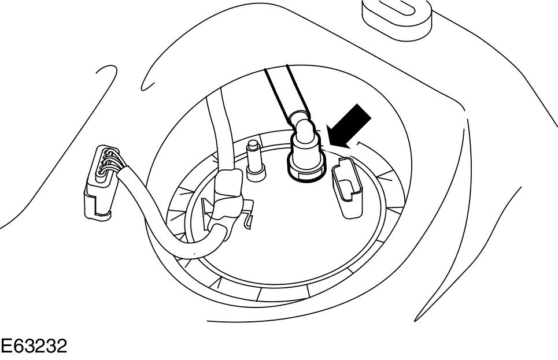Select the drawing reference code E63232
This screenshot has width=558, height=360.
[34, 346]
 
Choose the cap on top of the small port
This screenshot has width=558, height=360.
[253, 144]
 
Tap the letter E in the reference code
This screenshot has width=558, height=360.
[7, 346]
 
